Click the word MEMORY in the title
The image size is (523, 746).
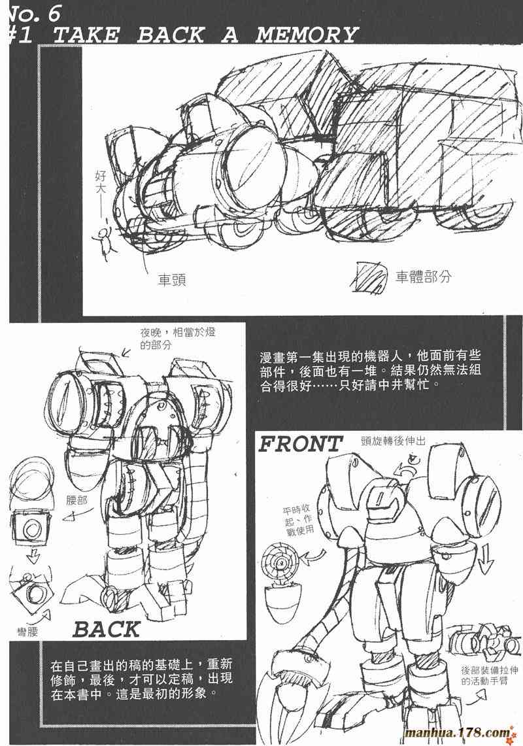[307, 35]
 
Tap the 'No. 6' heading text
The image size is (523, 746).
[33, 13]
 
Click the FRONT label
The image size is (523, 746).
[300, 445]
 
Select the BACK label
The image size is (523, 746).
[107, 630]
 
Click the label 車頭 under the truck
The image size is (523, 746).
[172, 279]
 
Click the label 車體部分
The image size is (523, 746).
[423, 277]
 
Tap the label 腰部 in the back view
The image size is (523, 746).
[76, 500]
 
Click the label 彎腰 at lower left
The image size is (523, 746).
[27, 632]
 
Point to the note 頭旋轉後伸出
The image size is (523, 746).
[393, 441]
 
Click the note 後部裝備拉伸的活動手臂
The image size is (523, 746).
[484, 675]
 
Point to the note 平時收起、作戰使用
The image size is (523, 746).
[299, 520]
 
